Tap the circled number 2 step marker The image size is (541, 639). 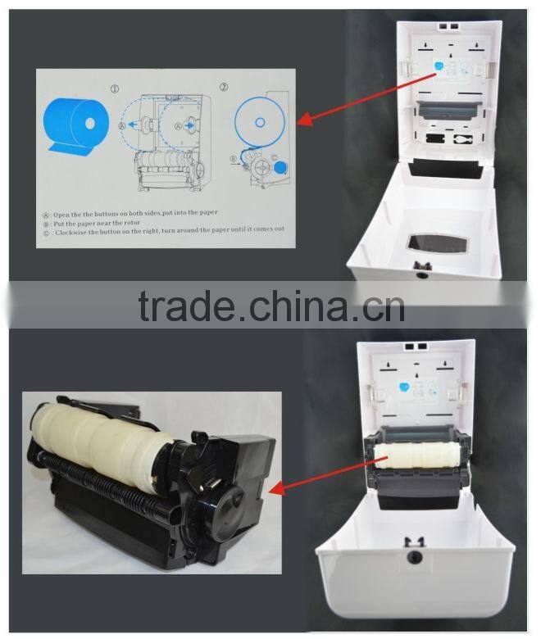(224, 86)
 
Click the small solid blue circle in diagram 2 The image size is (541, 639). (281, 167)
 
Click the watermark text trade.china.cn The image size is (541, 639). (270, 306)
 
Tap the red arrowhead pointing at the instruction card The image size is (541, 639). (301, 122)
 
